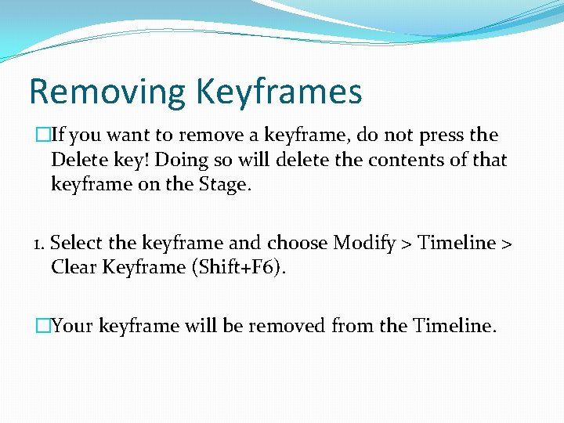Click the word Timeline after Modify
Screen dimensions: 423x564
tap(457, 243)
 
